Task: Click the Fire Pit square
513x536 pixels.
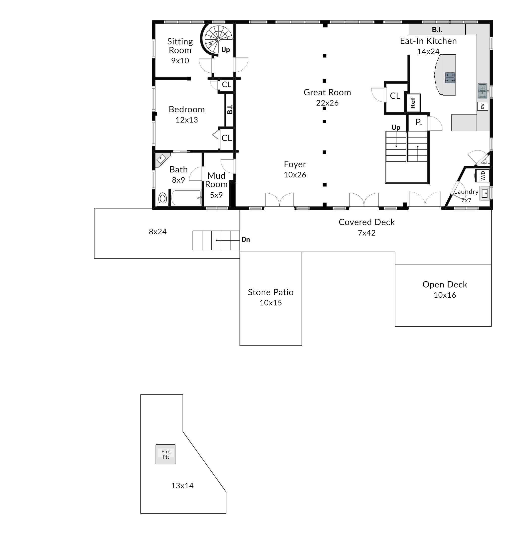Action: point(166,454)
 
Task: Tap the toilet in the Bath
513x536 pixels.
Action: point(163,199)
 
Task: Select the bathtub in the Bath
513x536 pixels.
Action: point(186,197)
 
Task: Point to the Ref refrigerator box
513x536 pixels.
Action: point(413,103)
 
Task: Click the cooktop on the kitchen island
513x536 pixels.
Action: point(450,77)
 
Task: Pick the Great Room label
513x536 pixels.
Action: point(327,92)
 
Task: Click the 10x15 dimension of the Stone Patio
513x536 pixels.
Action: point(271,303)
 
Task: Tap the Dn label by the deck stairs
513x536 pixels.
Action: point(246,240)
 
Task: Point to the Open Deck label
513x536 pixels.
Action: point(445,284)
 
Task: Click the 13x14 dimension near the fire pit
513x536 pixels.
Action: point(182,485)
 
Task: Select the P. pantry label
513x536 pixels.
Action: point(418,122)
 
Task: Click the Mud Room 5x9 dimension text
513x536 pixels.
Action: point(216,195)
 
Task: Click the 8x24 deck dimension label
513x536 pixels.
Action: point(158,232)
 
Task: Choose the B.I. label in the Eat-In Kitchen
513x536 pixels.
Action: point(437,29)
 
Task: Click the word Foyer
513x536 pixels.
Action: point(295,164)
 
